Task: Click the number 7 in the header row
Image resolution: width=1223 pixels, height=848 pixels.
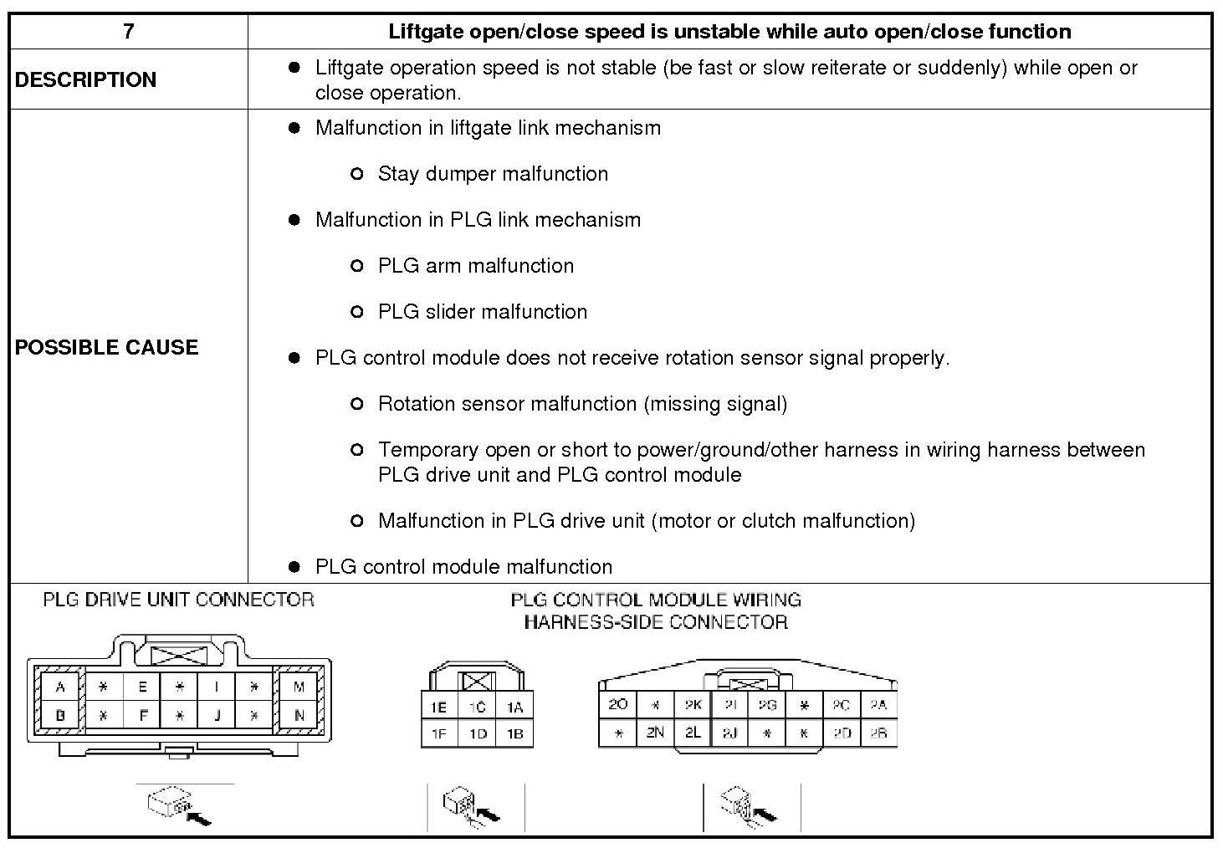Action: pos(128,32)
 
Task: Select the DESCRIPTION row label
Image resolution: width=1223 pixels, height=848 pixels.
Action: pos(85,79)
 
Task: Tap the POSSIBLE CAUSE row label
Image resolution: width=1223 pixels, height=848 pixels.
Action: pos(106,347)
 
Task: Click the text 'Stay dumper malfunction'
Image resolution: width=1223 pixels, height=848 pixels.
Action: pos(493,174)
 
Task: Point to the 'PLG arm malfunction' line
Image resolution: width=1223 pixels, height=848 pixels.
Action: pos(476,266)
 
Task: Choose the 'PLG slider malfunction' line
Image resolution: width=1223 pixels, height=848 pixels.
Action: pos(483,312)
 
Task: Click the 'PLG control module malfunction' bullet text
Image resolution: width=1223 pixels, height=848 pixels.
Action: pos(463,567)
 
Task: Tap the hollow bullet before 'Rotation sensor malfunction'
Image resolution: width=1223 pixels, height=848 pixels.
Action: pos(357,404)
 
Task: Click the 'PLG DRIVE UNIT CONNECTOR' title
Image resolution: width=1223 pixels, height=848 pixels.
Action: pos(178,600)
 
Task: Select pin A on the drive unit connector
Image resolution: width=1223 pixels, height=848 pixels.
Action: pos(60,687)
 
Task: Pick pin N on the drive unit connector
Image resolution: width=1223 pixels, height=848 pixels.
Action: pos(299,716)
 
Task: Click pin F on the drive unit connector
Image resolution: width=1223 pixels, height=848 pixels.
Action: pos(142,716)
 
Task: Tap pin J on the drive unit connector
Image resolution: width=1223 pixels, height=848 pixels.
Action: pos(217,716)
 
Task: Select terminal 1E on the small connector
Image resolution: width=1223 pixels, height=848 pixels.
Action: pos(438,708)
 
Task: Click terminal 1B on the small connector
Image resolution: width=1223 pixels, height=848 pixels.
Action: pos(514,733)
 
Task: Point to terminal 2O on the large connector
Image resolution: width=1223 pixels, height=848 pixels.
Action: pos(617,705)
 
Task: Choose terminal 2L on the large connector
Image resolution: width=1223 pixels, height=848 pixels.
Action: pos(693,733)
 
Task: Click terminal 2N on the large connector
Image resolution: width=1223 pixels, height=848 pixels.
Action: pos(655,733)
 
